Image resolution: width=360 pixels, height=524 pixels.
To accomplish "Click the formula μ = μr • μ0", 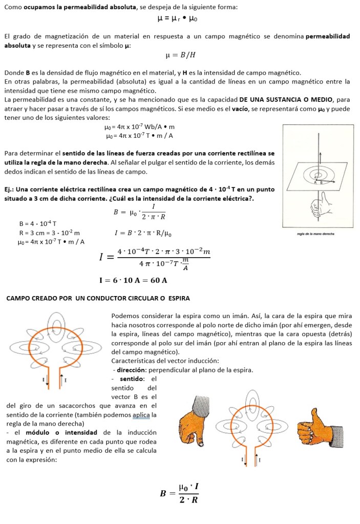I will click(178, 18).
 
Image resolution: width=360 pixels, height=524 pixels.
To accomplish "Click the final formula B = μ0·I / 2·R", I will click(179, 493).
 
